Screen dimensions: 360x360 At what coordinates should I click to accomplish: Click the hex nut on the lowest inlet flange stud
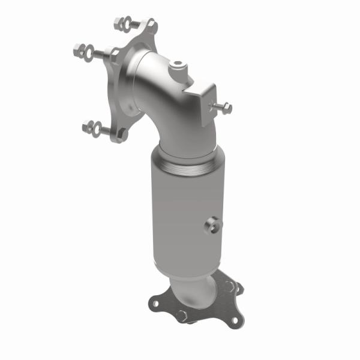click(x=86, y=126)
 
